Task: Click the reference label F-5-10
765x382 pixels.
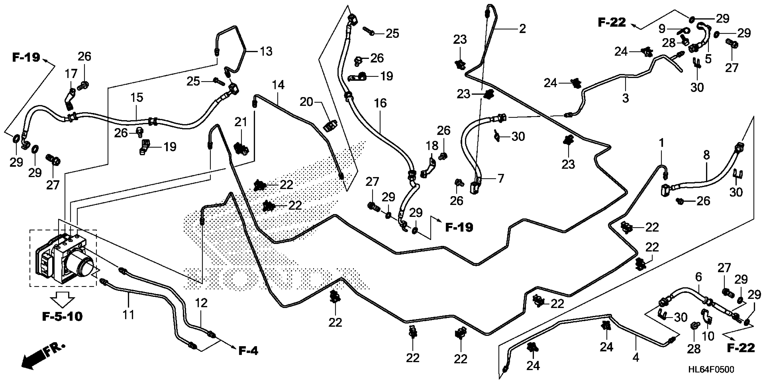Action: pyautogui.click(x=62, y=316)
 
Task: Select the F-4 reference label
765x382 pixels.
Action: pyautogui.click(x=248, y=351)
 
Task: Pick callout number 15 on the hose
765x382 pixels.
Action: pyautogui.click(x=137, y=98)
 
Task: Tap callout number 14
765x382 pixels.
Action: pyautogui.click(x=278, y=85)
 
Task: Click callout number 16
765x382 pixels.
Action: pyautogui.click(x=380, y=103)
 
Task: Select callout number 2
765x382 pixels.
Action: pyautogui.click(x=522, y=29)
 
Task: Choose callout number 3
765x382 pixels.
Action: pyautogui.click(x=625, y=98)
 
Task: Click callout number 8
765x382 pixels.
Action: pyautogui.click(x=706, y=155)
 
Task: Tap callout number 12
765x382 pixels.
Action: pyautogui.click(x=201, y=303)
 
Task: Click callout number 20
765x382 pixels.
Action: pyautogui.click(x=306, y=102)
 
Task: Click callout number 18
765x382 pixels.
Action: pyautogui.click(x=432, y=146)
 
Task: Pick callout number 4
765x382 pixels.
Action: pyautogui.click(x=636, y=358)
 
